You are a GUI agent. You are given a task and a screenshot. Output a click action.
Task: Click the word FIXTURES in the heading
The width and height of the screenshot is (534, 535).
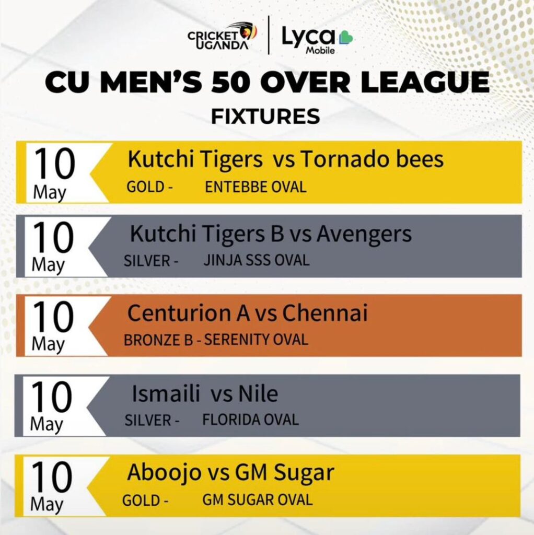tap(265, 117)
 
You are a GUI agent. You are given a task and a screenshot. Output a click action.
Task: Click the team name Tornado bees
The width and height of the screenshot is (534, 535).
tap(372, 159)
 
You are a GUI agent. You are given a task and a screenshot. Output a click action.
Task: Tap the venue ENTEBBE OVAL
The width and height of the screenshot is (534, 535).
tap(256, 187)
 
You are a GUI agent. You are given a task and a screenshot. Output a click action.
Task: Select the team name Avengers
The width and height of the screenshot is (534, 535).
tap(364, 235)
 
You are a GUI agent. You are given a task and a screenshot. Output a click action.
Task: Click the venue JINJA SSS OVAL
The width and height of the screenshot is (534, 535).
tap(257, 260)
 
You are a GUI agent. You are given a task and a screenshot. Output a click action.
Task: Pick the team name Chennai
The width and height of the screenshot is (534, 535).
tap(325, 312)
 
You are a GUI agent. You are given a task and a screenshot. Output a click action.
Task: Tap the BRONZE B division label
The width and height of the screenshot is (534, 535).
tap(158, 340)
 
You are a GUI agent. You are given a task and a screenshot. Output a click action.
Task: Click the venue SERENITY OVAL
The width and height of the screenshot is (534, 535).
tap(256, 340)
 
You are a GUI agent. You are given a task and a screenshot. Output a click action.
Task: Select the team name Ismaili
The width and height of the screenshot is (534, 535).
tap(166, 393)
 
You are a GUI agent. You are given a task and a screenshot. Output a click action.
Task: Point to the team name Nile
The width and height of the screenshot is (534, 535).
tap(258, 393)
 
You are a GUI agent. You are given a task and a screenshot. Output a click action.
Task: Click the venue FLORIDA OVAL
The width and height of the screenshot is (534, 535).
tap(251, 420)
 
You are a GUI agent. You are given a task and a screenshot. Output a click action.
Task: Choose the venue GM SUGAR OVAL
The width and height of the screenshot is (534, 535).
tap(258, 500)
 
